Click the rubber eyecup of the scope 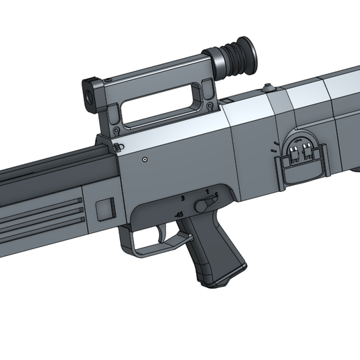tap(241, 54)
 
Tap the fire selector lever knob tap(204, 203)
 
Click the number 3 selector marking tap(183, 199)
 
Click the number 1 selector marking tap(207, 190)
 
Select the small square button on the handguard tap(105, 208)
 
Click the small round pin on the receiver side tap(144, 160)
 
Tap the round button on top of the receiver tap(267, 88)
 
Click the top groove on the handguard tap(42, 197)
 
